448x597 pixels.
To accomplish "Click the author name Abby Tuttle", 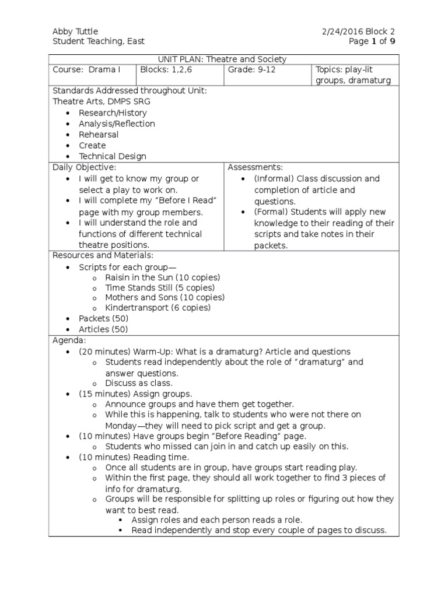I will coord(75,31).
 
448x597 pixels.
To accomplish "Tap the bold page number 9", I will coord(393,41).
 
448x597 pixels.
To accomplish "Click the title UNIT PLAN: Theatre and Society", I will coord(223,59).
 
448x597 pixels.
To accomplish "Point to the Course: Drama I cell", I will coord(86,70).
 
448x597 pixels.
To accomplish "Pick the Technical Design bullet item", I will coord(113,156).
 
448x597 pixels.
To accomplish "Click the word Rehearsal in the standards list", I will coord(99,135).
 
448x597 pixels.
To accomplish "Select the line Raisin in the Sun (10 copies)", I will coord(163,278).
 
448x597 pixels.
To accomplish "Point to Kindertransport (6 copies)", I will coord(157,308).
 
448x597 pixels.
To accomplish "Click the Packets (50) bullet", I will coord(103,319).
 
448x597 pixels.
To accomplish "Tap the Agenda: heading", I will coord(69,340).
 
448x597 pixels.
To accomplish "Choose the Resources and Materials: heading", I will coord(103,255).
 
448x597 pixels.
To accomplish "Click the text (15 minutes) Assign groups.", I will coord(135,394).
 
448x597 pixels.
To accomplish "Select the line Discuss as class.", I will coord(139,384).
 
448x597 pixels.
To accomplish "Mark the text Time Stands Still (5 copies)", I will coord(160,288).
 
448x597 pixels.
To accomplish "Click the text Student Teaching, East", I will coord(99,41).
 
